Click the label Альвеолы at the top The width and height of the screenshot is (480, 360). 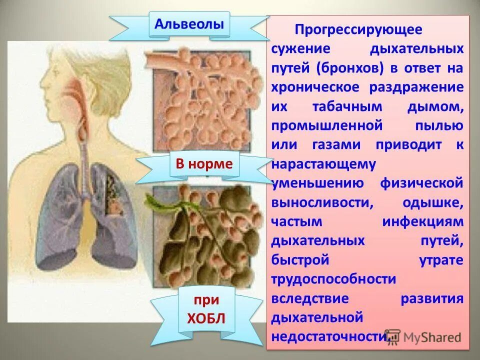[x=189, y=23]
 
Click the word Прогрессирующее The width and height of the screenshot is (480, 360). [x=358, y=29]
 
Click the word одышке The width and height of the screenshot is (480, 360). [x=432, y=202]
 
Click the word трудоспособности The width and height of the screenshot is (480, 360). [x=333, y=279]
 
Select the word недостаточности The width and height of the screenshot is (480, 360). [x=329, y=337]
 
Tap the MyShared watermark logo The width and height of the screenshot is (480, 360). [x=423, y=337]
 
